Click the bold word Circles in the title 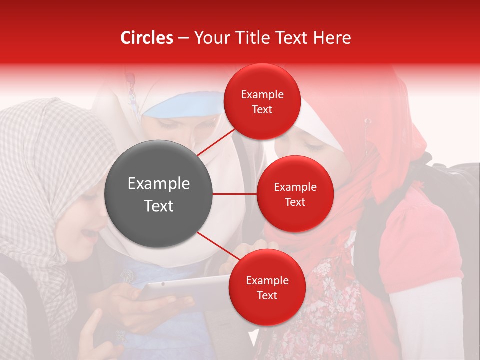(x=147, y=38)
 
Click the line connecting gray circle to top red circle (x=216, y=142)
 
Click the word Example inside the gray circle (x=158, y=184)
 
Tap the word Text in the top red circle (x=262, y=110)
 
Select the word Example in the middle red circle (x=295, y=187)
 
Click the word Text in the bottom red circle (x=267, y=296)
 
